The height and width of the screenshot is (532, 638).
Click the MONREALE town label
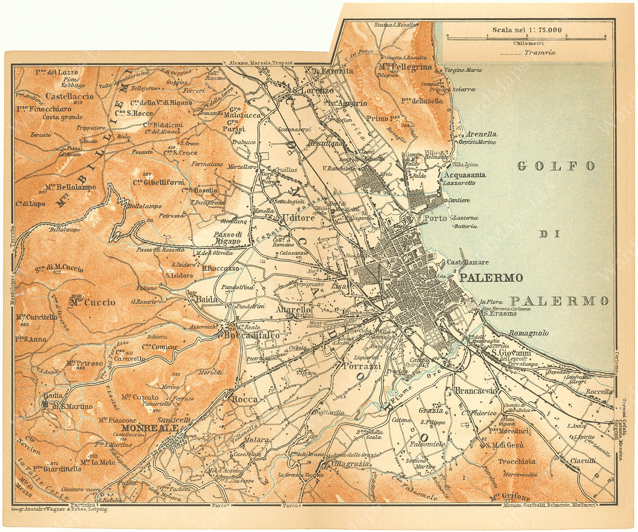coord(147,428)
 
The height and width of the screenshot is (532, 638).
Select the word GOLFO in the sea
coord(556,166)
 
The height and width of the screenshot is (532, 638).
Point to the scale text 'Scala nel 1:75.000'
coord(527,30)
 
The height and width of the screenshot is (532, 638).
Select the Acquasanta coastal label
coord(465,175)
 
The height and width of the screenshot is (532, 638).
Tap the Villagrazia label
coord(351,464)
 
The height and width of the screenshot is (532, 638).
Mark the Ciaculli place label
coord(583,461)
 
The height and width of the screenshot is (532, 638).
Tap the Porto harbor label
coord(436,218)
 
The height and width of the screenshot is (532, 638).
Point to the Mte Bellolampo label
coord(70,187)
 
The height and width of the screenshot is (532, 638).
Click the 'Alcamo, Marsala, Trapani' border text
coord(261,62)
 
